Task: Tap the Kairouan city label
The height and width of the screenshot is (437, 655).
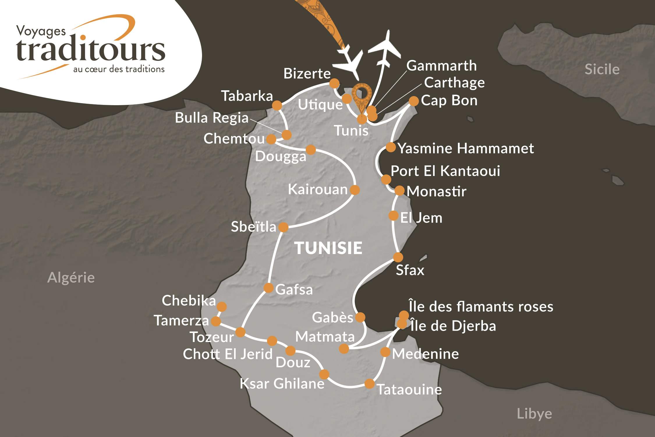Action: (x=318, y=190)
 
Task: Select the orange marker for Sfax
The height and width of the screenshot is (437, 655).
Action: (x=398, y=257)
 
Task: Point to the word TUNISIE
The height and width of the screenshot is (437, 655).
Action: (x=329, y=248)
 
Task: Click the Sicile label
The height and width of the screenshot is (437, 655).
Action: (x=602, y=69)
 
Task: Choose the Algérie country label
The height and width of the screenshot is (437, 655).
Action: (x=71, y=277)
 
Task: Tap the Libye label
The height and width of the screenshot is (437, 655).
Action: (x=534, y=414)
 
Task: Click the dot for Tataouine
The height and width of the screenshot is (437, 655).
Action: (x=369, y=384)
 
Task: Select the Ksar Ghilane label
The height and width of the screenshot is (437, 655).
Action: (x=282, y=384)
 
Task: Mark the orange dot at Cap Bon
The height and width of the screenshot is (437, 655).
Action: (x=414, y=101)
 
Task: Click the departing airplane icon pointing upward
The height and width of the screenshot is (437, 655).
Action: (x=385, y=50)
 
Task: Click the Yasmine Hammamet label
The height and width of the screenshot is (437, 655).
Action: (x=465, y=149)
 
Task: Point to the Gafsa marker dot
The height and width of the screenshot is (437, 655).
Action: (x=268, y=288)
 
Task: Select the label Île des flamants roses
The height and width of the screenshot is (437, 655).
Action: (x=481, y=307)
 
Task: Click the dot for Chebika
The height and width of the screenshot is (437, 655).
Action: (x=222, y=306)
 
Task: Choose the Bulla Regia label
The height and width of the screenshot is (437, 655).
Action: (x=212, y=118)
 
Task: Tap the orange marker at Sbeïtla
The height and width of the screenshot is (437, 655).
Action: (x=283, y=227)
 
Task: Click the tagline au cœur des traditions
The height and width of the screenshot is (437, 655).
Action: (x=119, y=69)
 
